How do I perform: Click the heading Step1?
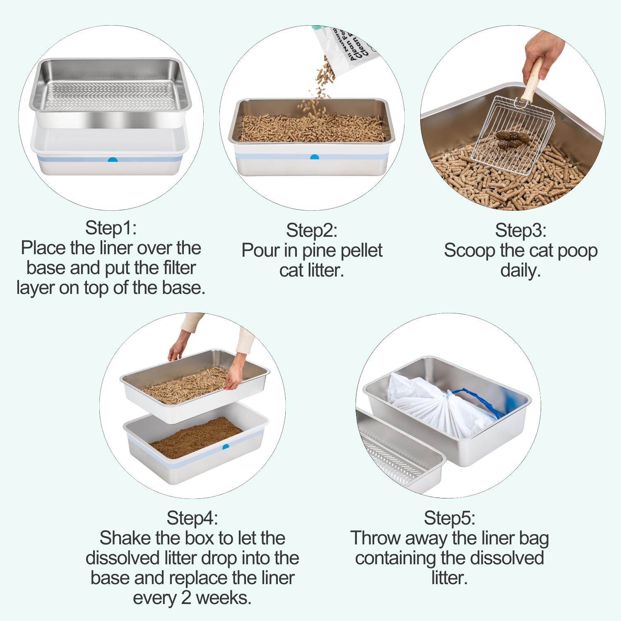pos(111,228)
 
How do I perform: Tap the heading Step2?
pos(312,231)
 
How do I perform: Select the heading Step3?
pos(520,231)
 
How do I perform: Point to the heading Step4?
pos(192,518)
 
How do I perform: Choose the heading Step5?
pos(449,518)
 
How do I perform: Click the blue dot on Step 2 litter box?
pos(315,158)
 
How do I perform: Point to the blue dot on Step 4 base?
pos(225,447)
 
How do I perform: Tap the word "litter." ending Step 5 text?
pos(449,578)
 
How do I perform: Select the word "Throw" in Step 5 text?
pos(375,538)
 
